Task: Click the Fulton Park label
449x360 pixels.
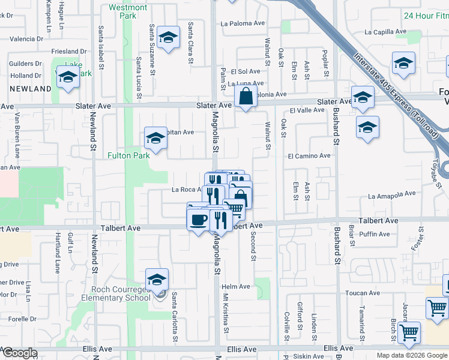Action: pos(128,155)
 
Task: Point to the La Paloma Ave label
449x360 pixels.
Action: pos(243,24)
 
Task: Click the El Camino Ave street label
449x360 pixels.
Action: pos(309,155)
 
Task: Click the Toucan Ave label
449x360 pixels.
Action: pos(362,293)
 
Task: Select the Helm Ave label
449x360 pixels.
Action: pos(236,287)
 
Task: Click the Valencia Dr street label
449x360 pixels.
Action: pos(26,39)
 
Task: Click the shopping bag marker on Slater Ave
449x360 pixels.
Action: pos(246,96)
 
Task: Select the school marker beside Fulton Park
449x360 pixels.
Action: pos(155,138)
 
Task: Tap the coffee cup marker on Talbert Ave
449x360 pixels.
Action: pos(198,219)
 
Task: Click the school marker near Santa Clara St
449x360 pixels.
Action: pos(169,38)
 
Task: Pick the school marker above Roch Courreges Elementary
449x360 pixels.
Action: pos(157,279)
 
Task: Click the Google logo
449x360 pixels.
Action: pos(19,353)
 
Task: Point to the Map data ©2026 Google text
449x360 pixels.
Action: pos(411,355)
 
